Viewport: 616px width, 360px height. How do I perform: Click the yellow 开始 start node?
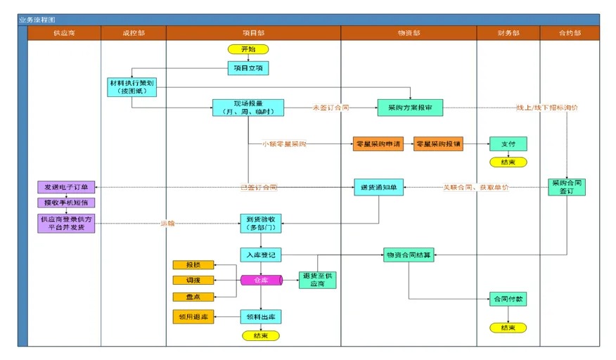pos(248,49)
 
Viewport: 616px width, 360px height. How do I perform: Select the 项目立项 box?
pos(248,67)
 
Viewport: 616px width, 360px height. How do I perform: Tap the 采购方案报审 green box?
pos(410,108)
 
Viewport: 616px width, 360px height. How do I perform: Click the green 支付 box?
pos(508,143)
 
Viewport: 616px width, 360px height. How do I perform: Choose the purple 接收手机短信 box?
pos(65,202)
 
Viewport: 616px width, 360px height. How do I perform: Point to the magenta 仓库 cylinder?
pos(261,280)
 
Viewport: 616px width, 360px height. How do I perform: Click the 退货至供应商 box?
pos(318,280)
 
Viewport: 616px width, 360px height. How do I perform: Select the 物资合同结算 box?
pos(409,255)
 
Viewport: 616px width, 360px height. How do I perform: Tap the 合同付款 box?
pos(508,299)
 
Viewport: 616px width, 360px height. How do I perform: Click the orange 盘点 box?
pos(193,296)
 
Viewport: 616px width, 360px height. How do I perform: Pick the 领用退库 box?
pos(193,317)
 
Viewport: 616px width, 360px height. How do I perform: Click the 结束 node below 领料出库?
pos(261,335)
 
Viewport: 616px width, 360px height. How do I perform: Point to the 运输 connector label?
pos(167,224)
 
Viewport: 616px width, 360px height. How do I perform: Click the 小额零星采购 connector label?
pos(284,143)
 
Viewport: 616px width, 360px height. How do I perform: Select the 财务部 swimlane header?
pos(508,32)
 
